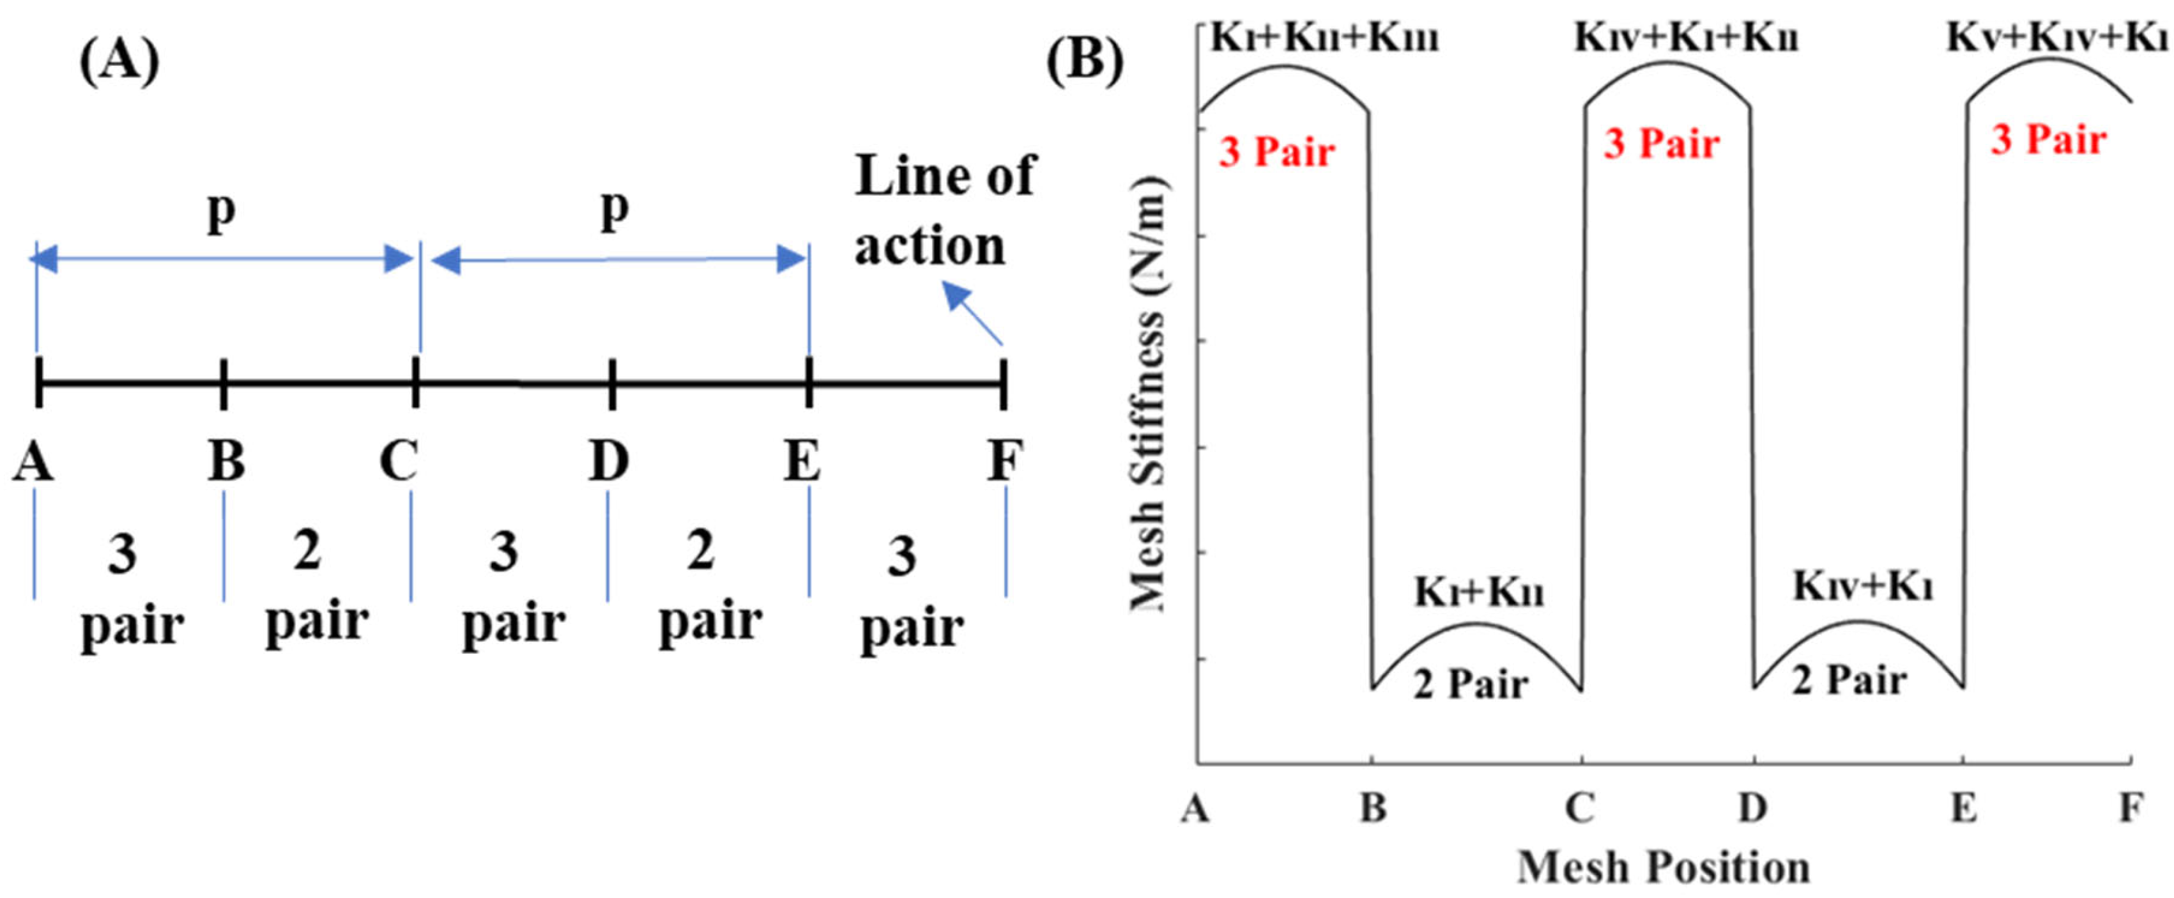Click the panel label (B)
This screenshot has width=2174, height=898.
click(1085, 61)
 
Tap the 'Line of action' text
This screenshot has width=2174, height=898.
click(944, 211)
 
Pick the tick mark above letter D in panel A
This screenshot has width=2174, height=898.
click(612, 384)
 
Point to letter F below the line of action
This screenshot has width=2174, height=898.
click(1005, 461)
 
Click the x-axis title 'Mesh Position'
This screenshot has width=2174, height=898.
click(1664, 867)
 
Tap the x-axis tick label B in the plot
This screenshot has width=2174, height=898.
click(1373, 809)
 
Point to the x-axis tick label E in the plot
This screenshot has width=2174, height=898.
click(1964, 809)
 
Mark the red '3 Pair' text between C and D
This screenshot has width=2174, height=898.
click(1661, 143)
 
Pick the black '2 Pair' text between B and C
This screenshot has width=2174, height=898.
click(1470, 684)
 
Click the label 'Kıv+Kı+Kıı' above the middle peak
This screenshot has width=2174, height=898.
click(1685, 38)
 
